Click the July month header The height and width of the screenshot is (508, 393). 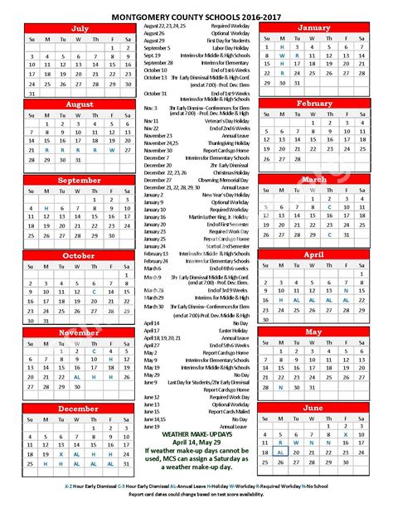(x=80, y=28)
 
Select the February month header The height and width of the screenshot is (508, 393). (x=314, y=104)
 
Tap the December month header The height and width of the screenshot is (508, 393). (x=80, y=409)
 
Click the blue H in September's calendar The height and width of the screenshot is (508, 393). (x=47, y=207)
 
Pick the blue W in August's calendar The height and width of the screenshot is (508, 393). (x=116, y=150)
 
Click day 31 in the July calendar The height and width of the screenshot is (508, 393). (x=31, y=94)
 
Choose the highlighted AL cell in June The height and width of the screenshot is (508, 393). (x=282, y=452)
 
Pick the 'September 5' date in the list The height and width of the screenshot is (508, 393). (x=158, y=48)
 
